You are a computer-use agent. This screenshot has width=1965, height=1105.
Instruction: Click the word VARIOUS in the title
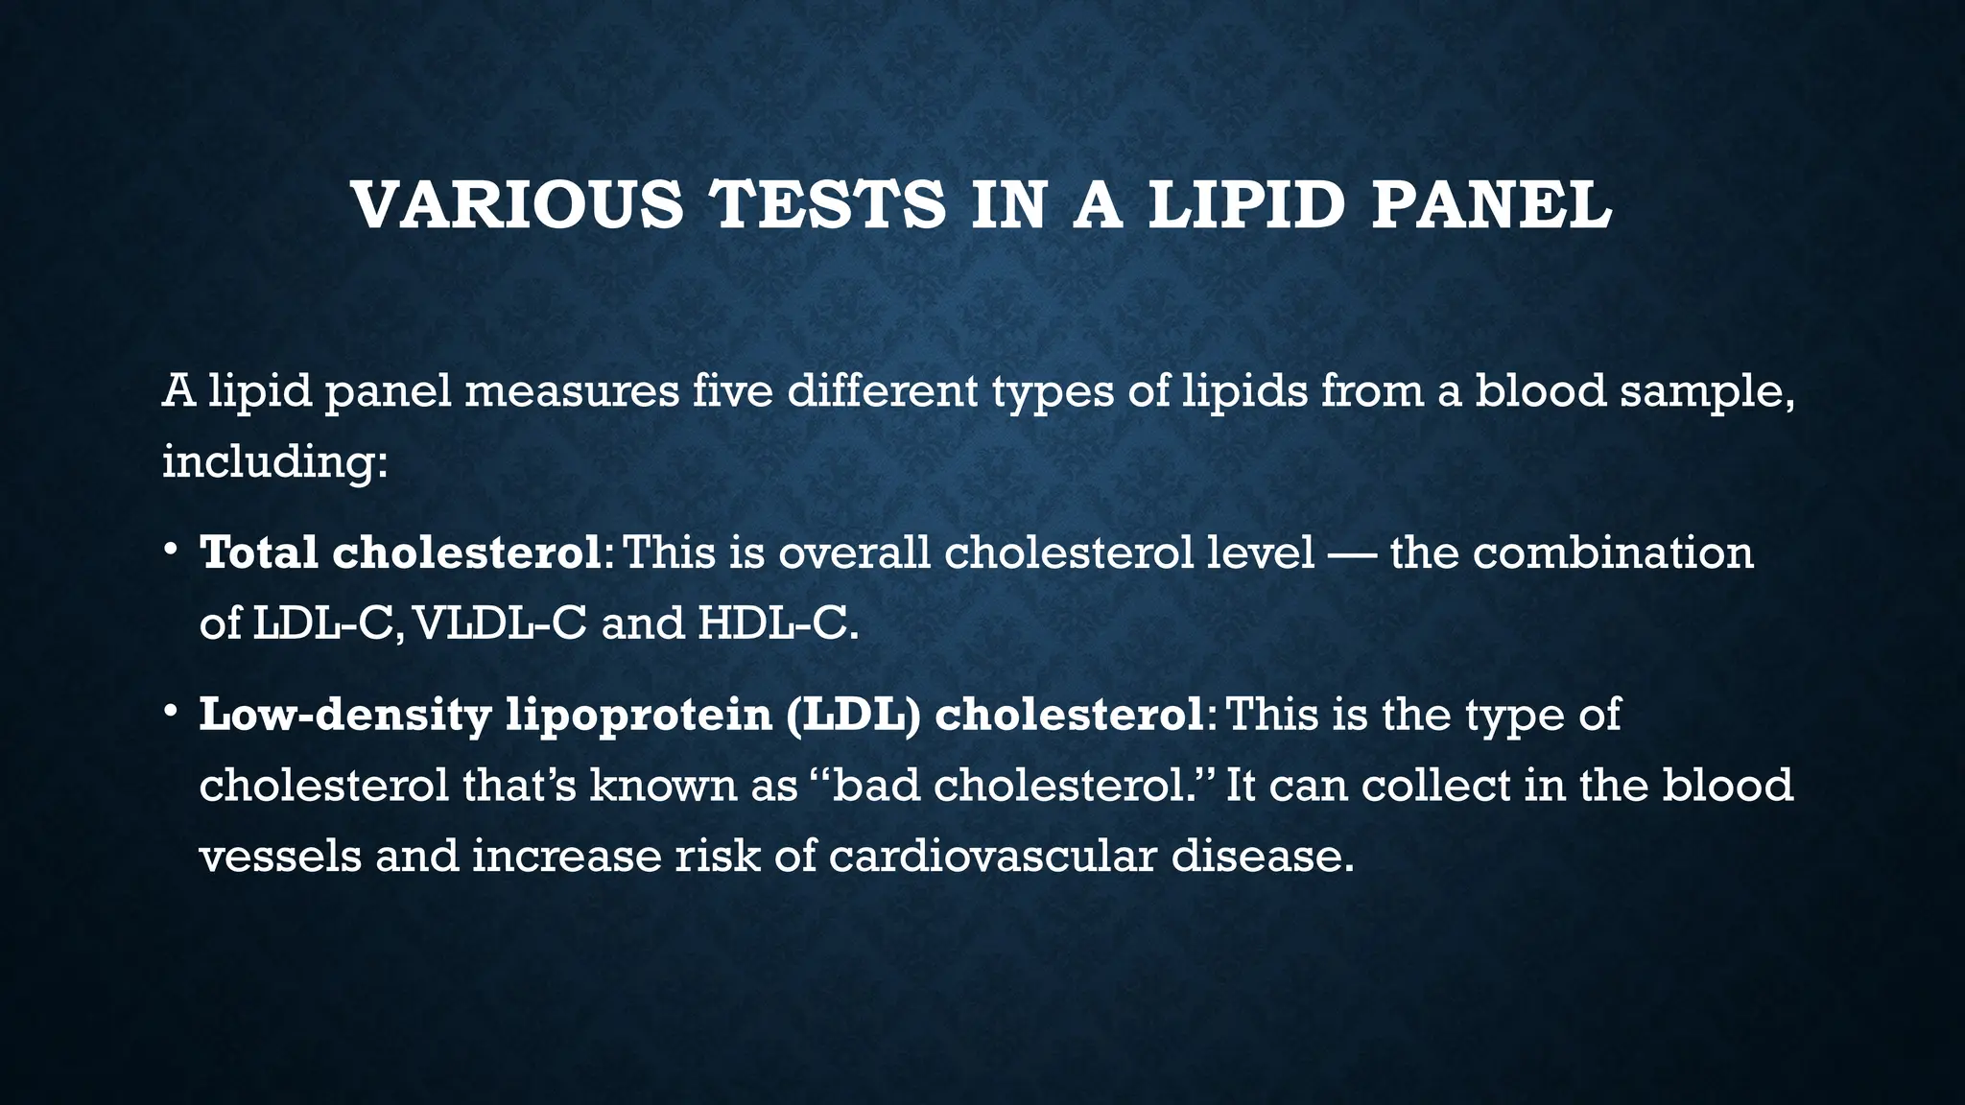(518, 205)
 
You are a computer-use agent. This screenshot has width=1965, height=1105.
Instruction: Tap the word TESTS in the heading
(826, 205)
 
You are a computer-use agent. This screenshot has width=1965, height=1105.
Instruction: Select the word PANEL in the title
(1491, 205)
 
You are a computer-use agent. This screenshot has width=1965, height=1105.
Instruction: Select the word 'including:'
(274, 462)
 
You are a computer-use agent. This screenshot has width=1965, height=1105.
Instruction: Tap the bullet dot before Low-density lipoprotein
(170, 712)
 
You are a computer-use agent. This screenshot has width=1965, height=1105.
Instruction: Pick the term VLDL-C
(499, 623)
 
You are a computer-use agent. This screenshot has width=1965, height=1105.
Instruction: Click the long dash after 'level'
(1352, 554)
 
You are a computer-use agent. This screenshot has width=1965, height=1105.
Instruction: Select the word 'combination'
(1613, 553)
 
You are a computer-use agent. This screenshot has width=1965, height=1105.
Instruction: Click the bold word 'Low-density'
(344, 716)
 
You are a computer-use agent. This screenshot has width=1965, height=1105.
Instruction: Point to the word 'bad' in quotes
(877, 786)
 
